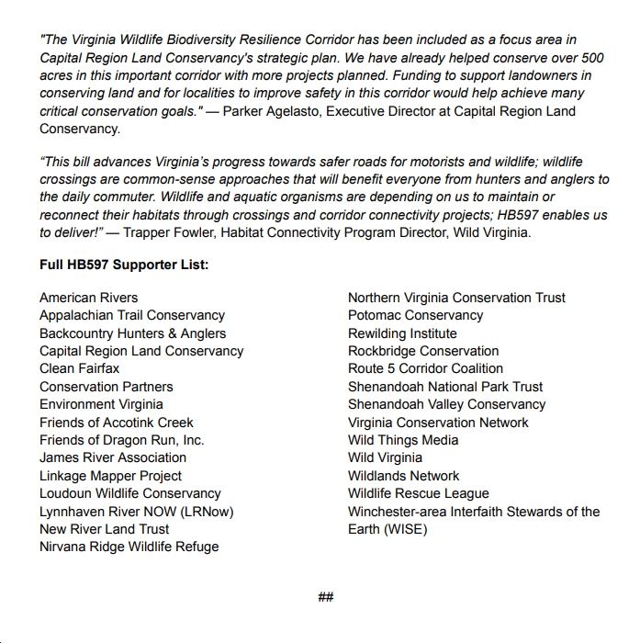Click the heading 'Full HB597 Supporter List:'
click(124, 265)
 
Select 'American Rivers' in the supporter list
click(89, 298)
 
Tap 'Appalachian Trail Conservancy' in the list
click(132, 315)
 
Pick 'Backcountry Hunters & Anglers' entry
click(132, 333)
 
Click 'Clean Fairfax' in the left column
click(80, 368)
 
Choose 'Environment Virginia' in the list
click(101, 404)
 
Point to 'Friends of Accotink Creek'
click(117, 423)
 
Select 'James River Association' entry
click(113, 457)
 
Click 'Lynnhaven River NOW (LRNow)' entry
click(137, 512)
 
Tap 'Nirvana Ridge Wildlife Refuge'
click(129, 547)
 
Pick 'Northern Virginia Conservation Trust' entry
click(456, 298)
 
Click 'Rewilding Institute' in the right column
click(402, 333)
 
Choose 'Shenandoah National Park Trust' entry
click(445, 387)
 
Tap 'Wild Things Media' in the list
click(403, 440)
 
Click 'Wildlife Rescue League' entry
click(419, 493)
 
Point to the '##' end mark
click(325, 597)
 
